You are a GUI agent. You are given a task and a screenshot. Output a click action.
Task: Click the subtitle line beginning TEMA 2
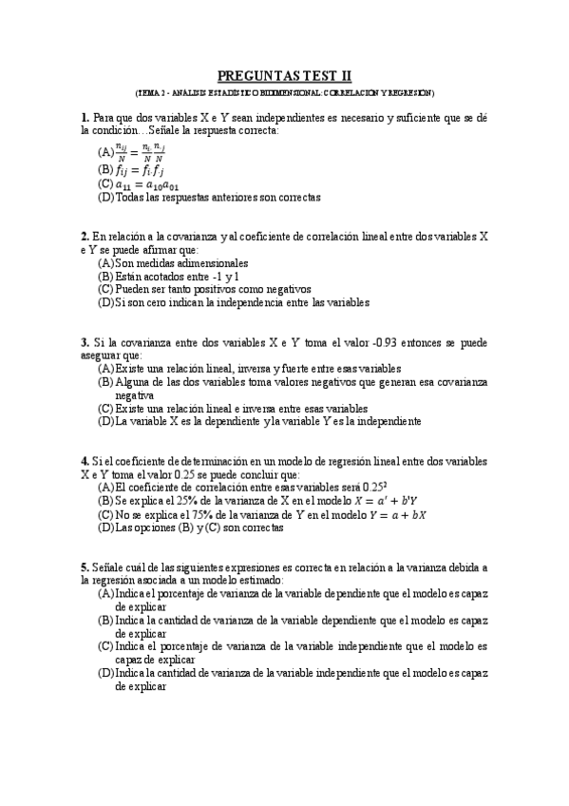(284, 93)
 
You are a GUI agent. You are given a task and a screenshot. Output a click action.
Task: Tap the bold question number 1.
(85, 117)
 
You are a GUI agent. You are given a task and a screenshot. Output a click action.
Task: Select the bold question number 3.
(85, 340)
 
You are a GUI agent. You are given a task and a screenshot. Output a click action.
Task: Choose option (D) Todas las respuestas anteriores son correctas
(208, 198)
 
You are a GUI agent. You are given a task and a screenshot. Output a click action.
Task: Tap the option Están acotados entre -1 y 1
(169, 276)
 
